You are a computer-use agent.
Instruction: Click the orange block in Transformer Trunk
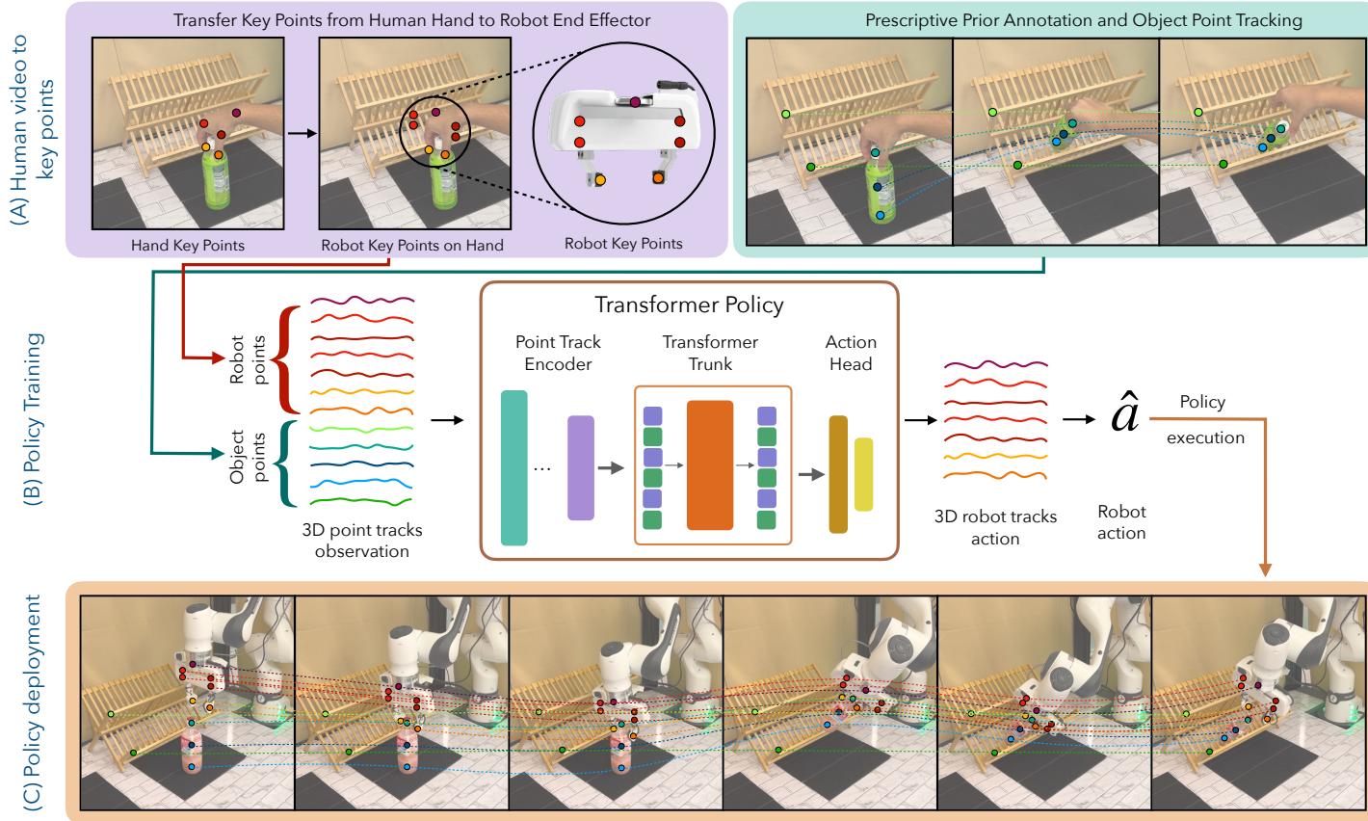710,465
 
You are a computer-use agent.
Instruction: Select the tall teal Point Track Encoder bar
514,466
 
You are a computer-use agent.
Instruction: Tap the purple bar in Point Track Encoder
581,468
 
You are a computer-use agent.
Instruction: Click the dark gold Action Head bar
837,473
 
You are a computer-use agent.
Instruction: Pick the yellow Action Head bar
863,473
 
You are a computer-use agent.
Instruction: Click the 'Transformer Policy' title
688,305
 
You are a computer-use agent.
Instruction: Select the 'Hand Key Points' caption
188,245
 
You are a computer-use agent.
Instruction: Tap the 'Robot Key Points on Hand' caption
411,245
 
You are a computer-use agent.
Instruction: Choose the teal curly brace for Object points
286,465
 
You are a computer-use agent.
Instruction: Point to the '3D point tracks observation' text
361,542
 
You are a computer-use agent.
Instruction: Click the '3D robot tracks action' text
995,527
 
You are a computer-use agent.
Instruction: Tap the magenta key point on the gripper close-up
635,101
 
